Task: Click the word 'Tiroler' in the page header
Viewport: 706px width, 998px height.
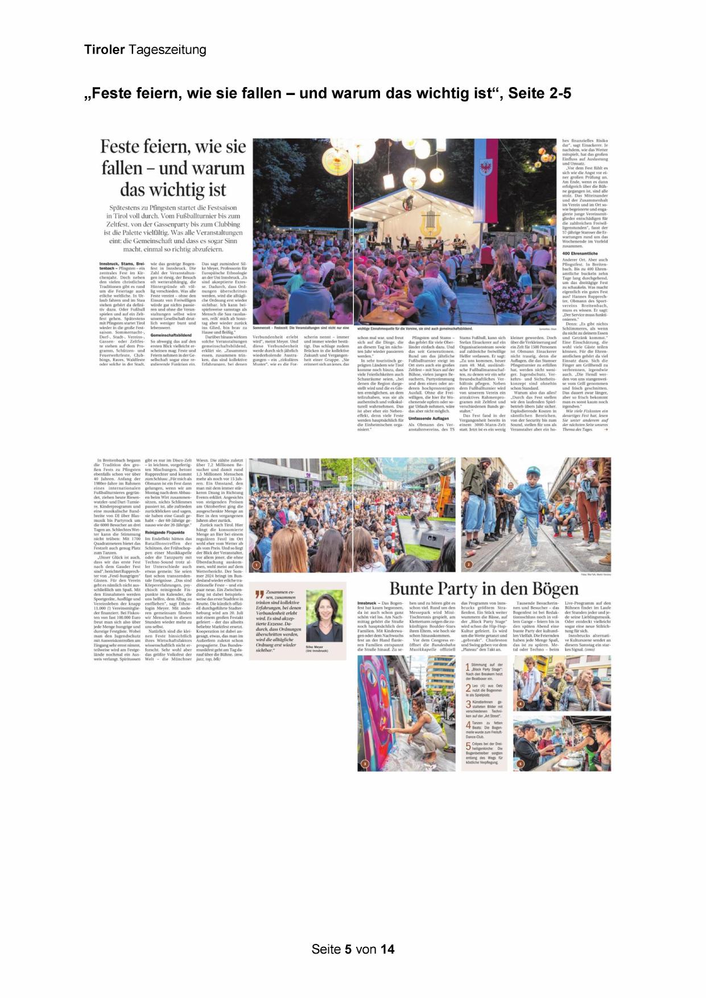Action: (104, 50)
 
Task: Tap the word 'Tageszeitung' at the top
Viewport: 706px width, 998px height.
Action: (167, 50)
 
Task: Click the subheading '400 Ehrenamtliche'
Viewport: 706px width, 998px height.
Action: (580, 253)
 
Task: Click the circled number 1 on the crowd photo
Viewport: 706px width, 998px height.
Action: (256, 565)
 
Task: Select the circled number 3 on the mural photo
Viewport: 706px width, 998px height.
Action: (365, 763)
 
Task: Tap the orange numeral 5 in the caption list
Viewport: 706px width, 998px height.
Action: (468, 745)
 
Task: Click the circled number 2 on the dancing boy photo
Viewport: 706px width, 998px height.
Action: (468, 565)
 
